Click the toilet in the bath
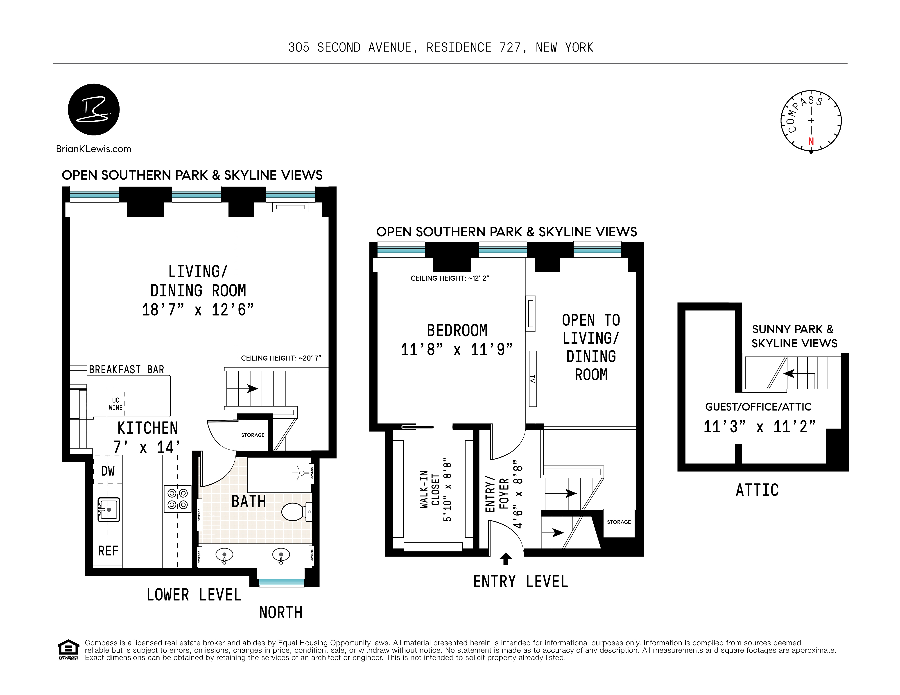click(x=296, y=512)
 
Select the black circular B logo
click(x=94, y=110)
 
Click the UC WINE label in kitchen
click(x=115, y=404)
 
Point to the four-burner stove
click(x=178, y=499)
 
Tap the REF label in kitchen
click(x=108, y=551)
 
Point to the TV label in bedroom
click(x=532, y=379)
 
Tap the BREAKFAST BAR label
click(x=127, y=370)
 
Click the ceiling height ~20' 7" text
click(x=281, y=358)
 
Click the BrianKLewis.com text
click(x=94, y=149)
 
